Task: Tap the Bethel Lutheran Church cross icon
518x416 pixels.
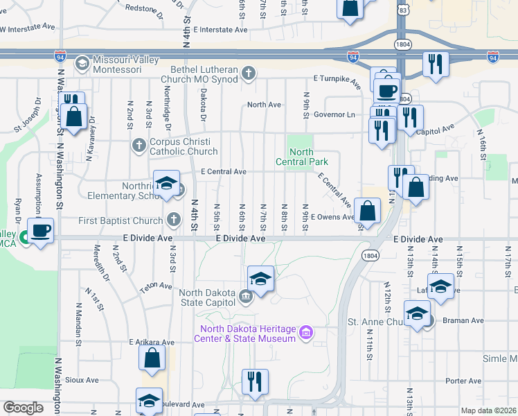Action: [249, 73]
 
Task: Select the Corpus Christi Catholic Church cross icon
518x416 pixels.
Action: [139, 146]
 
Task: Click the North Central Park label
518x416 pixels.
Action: [301, 157]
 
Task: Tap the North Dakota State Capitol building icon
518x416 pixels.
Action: [245, 297]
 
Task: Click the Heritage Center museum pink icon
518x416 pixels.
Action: [305, 333]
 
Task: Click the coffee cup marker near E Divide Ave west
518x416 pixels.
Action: [40, 231]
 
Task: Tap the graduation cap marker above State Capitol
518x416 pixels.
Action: [260, 279]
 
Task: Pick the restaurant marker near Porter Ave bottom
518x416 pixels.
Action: [255, 381]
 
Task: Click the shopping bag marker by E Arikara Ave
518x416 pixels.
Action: [152, 358]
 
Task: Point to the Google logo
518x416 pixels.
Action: [23, 408]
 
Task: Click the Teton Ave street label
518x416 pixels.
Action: [156, 286]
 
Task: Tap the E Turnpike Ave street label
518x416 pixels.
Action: [337, 83]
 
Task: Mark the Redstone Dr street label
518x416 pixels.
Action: [145, 10]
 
